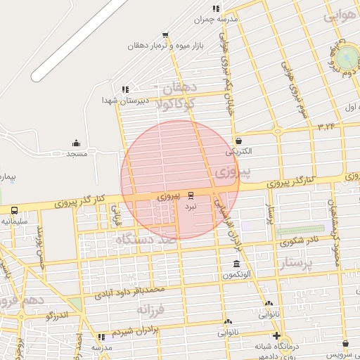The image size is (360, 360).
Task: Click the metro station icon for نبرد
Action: click(191, 195)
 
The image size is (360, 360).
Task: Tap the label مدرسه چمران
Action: click(217, 20)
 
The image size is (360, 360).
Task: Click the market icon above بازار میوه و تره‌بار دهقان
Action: click(165, 34)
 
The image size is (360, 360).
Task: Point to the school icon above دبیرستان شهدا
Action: click(125, 89)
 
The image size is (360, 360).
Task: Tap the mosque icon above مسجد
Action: click(76, 143)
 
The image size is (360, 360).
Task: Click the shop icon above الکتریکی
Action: click(238, 141)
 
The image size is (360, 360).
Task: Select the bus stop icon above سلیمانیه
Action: click(14, 210)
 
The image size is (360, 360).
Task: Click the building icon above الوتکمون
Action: click(236, 264)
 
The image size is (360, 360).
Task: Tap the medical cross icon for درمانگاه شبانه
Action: click(276, 335)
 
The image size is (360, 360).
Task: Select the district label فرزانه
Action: click(150, 309)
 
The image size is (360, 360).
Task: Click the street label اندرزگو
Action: click(58, 316)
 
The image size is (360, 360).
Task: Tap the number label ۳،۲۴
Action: click(326, 127)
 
